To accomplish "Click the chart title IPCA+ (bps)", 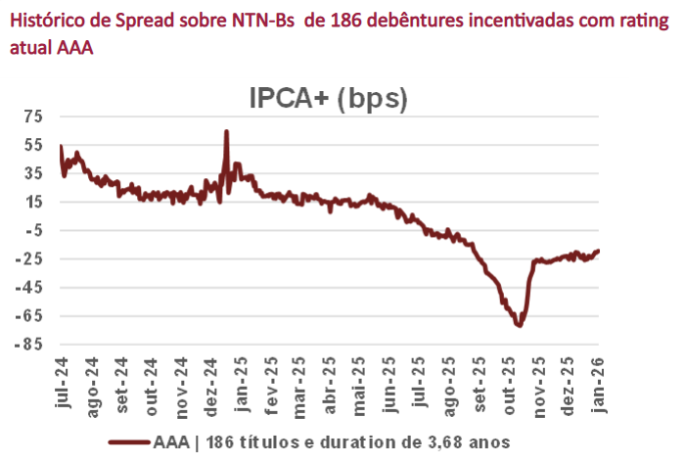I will click(327, 98).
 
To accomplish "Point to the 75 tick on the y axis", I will click(34, 116).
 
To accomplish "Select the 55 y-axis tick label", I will click(34, 145).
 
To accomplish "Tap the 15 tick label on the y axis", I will click(34, 202).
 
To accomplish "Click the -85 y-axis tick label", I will click(31, 345).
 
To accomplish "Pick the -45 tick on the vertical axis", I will click(31, 288).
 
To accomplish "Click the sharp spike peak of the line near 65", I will click(226, 131).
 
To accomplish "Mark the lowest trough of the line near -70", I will click(519, 325).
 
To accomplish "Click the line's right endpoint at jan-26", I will click(598, 251).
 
